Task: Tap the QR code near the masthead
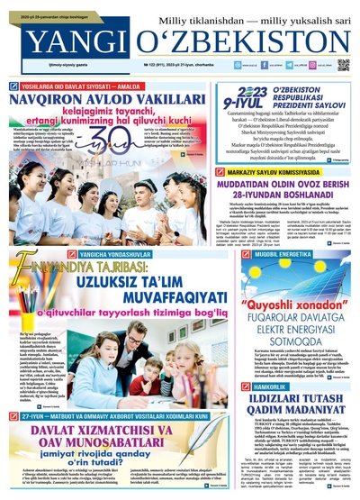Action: click(x=343, y=65)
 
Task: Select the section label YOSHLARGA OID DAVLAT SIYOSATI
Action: click(x=85, y=77)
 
